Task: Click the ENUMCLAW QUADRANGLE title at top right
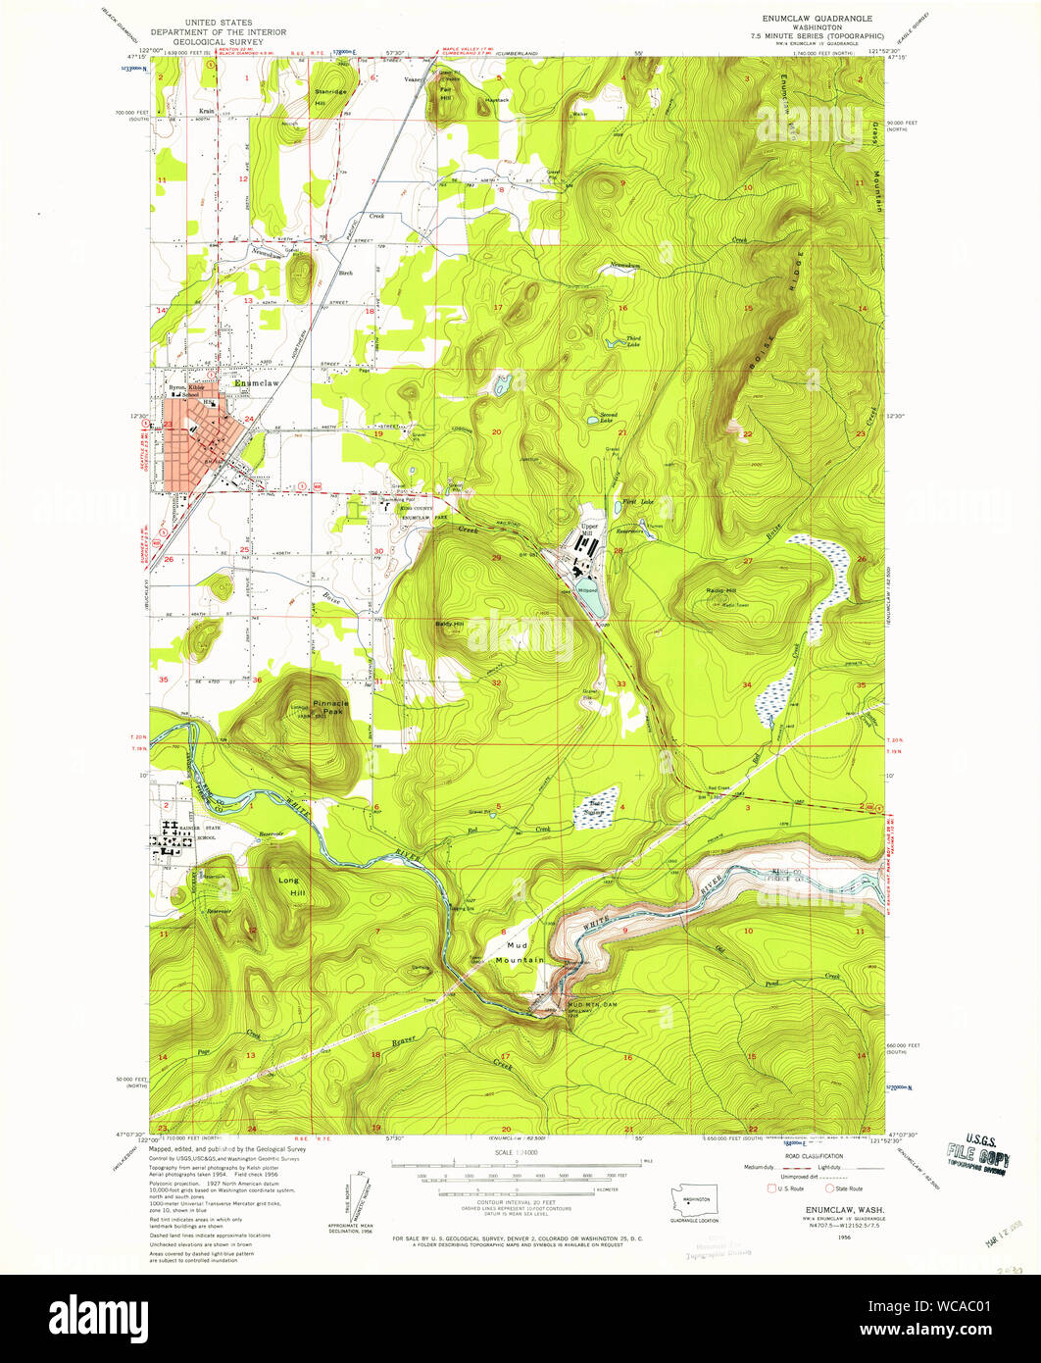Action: (811, 18)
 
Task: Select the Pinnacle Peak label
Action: (323, 708)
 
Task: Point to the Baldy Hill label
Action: (449, 624)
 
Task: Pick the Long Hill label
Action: (288, 886)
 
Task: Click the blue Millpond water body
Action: (592, 603)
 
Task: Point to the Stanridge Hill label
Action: (330, 96)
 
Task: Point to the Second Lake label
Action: (608, 417)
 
